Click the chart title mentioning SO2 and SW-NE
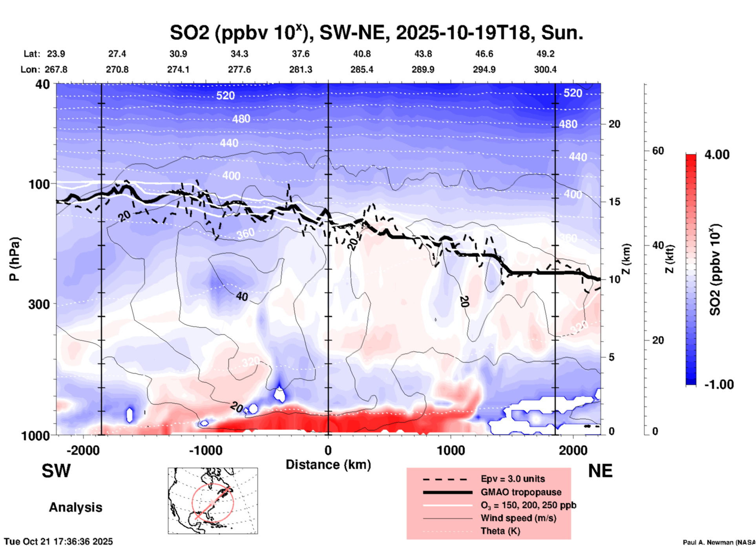click(x=376, y=33)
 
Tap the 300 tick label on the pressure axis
click(x=39, y=304)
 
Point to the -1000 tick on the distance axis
click(x=206, y=450)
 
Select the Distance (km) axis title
click(x=328, y=465)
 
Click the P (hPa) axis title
click(x=15, y=259)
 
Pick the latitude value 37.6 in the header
click(x=300, y=54)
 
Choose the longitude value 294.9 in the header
click(x=484, y=69)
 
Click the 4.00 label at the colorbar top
click(x=717, y=155)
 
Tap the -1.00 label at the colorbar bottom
click(x=719, y=385)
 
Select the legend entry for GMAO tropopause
click(x=521, y=492)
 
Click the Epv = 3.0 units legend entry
click(x=513, y=479)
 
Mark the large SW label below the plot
click(x=56, y=471)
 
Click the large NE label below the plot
click(x=600, y=471)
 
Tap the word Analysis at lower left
click(x=75, y=507)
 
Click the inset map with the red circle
click(x=213, y=501)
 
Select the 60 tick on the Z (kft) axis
click(x=658, y=151)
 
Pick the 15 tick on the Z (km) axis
click(x=615, y=202)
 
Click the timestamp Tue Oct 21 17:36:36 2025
click(x=58, y=542)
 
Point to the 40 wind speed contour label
click(x=242, y=297)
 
